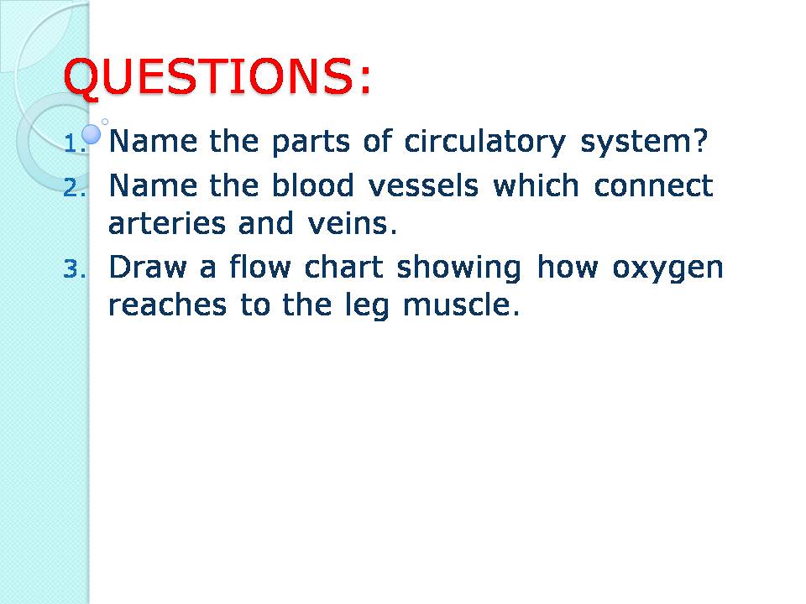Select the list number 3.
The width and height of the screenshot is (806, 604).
coord(74,269)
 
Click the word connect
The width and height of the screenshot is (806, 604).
coord(653,185)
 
